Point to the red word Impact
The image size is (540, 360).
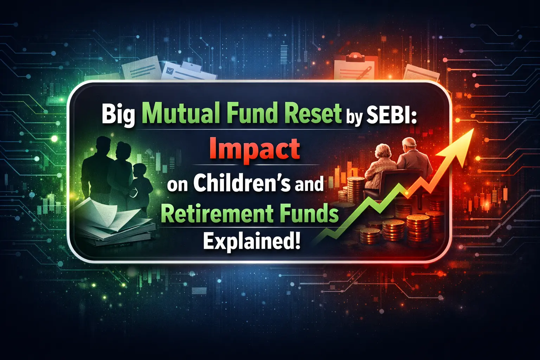[255, 149]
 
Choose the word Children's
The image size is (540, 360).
[242, 183]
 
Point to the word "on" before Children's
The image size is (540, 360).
[178, 185]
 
